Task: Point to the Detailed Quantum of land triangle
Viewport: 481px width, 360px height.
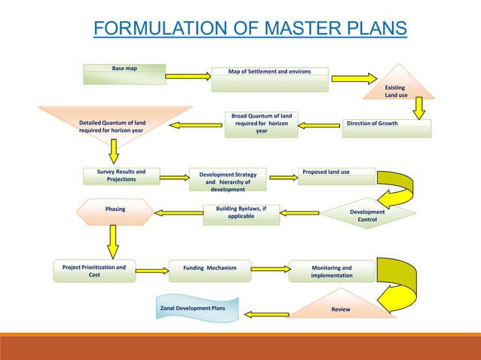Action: [113, 124]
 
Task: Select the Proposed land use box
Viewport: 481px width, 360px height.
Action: [335, 176]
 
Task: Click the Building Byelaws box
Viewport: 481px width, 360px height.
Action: [241, 213]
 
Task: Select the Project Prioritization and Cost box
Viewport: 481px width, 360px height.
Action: [94, 270]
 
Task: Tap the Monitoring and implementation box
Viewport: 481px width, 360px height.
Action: [331, 271]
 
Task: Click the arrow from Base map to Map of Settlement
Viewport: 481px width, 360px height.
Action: [187, 75]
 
